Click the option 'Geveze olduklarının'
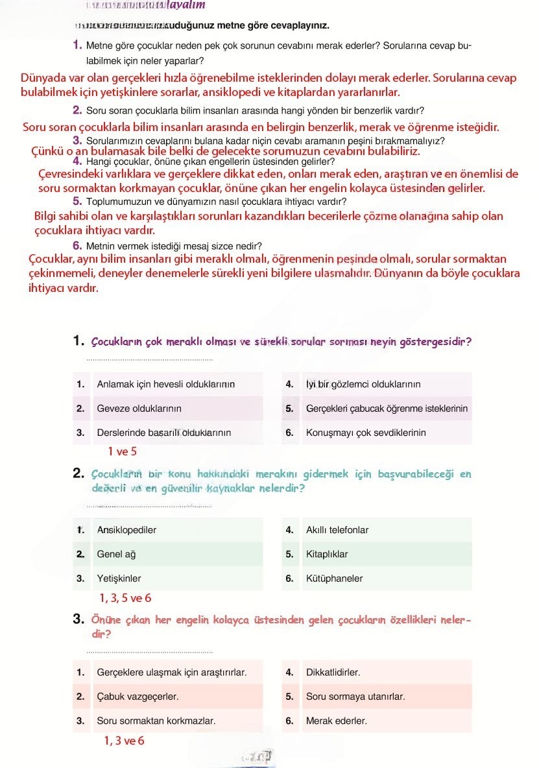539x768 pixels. (139, 409)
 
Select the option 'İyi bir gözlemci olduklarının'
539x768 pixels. (363, 385)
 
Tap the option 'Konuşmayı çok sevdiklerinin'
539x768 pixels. (366, 433)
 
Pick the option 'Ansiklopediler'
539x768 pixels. (126, 530)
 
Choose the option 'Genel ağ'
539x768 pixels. (116, 555)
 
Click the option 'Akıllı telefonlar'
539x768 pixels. (337, 530)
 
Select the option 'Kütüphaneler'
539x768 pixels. (334, 579)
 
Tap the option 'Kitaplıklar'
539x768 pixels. (327, 555)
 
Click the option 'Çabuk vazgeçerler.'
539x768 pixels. (138, 697)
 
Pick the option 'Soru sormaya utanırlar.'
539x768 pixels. (355, 697)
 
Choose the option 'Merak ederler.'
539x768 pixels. (336, 721)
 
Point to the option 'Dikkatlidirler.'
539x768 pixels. (333, 673)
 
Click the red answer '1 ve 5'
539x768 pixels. (122, 451)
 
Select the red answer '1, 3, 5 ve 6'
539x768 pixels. (125, 598)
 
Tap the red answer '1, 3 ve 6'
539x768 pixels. (124, 741)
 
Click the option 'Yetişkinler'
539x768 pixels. (119, 579)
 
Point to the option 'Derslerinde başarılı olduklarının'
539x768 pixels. (163, 433)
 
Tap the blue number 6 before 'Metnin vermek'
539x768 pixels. (77, 246)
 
